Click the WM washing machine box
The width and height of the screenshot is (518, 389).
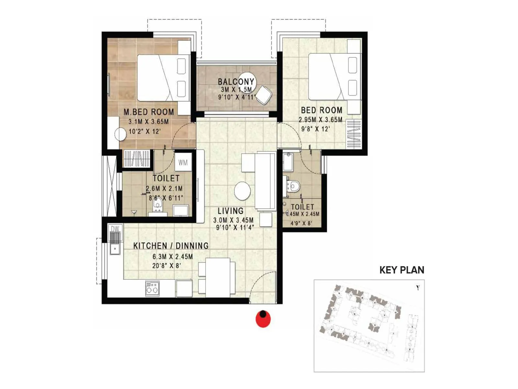coord(183,162)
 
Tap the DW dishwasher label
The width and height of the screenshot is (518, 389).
coord(115,229)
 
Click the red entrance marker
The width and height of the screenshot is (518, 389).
coord(263,319)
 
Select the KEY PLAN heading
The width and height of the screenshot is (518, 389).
coord(401,270)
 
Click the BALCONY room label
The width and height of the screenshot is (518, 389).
coord(236,82)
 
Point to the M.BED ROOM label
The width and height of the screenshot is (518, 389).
coord(149,112)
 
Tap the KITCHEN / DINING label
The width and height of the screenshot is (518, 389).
coord(171,246)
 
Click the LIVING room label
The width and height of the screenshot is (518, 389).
coord(231,211)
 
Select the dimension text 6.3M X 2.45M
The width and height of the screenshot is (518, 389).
coord(173,257)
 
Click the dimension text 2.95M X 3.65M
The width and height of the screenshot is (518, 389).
coord(320,120)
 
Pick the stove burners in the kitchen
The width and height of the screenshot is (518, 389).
coord(152,288)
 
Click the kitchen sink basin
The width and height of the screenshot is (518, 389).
coord(115,249)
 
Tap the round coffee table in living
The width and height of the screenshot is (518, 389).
coord(242,191)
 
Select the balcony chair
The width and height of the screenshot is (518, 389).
coord(264,95)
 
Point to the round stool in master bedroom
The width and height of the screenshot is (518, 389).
coord(120,135)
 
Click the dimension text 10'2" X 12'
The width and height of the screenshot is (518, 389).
coord(145,132)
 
